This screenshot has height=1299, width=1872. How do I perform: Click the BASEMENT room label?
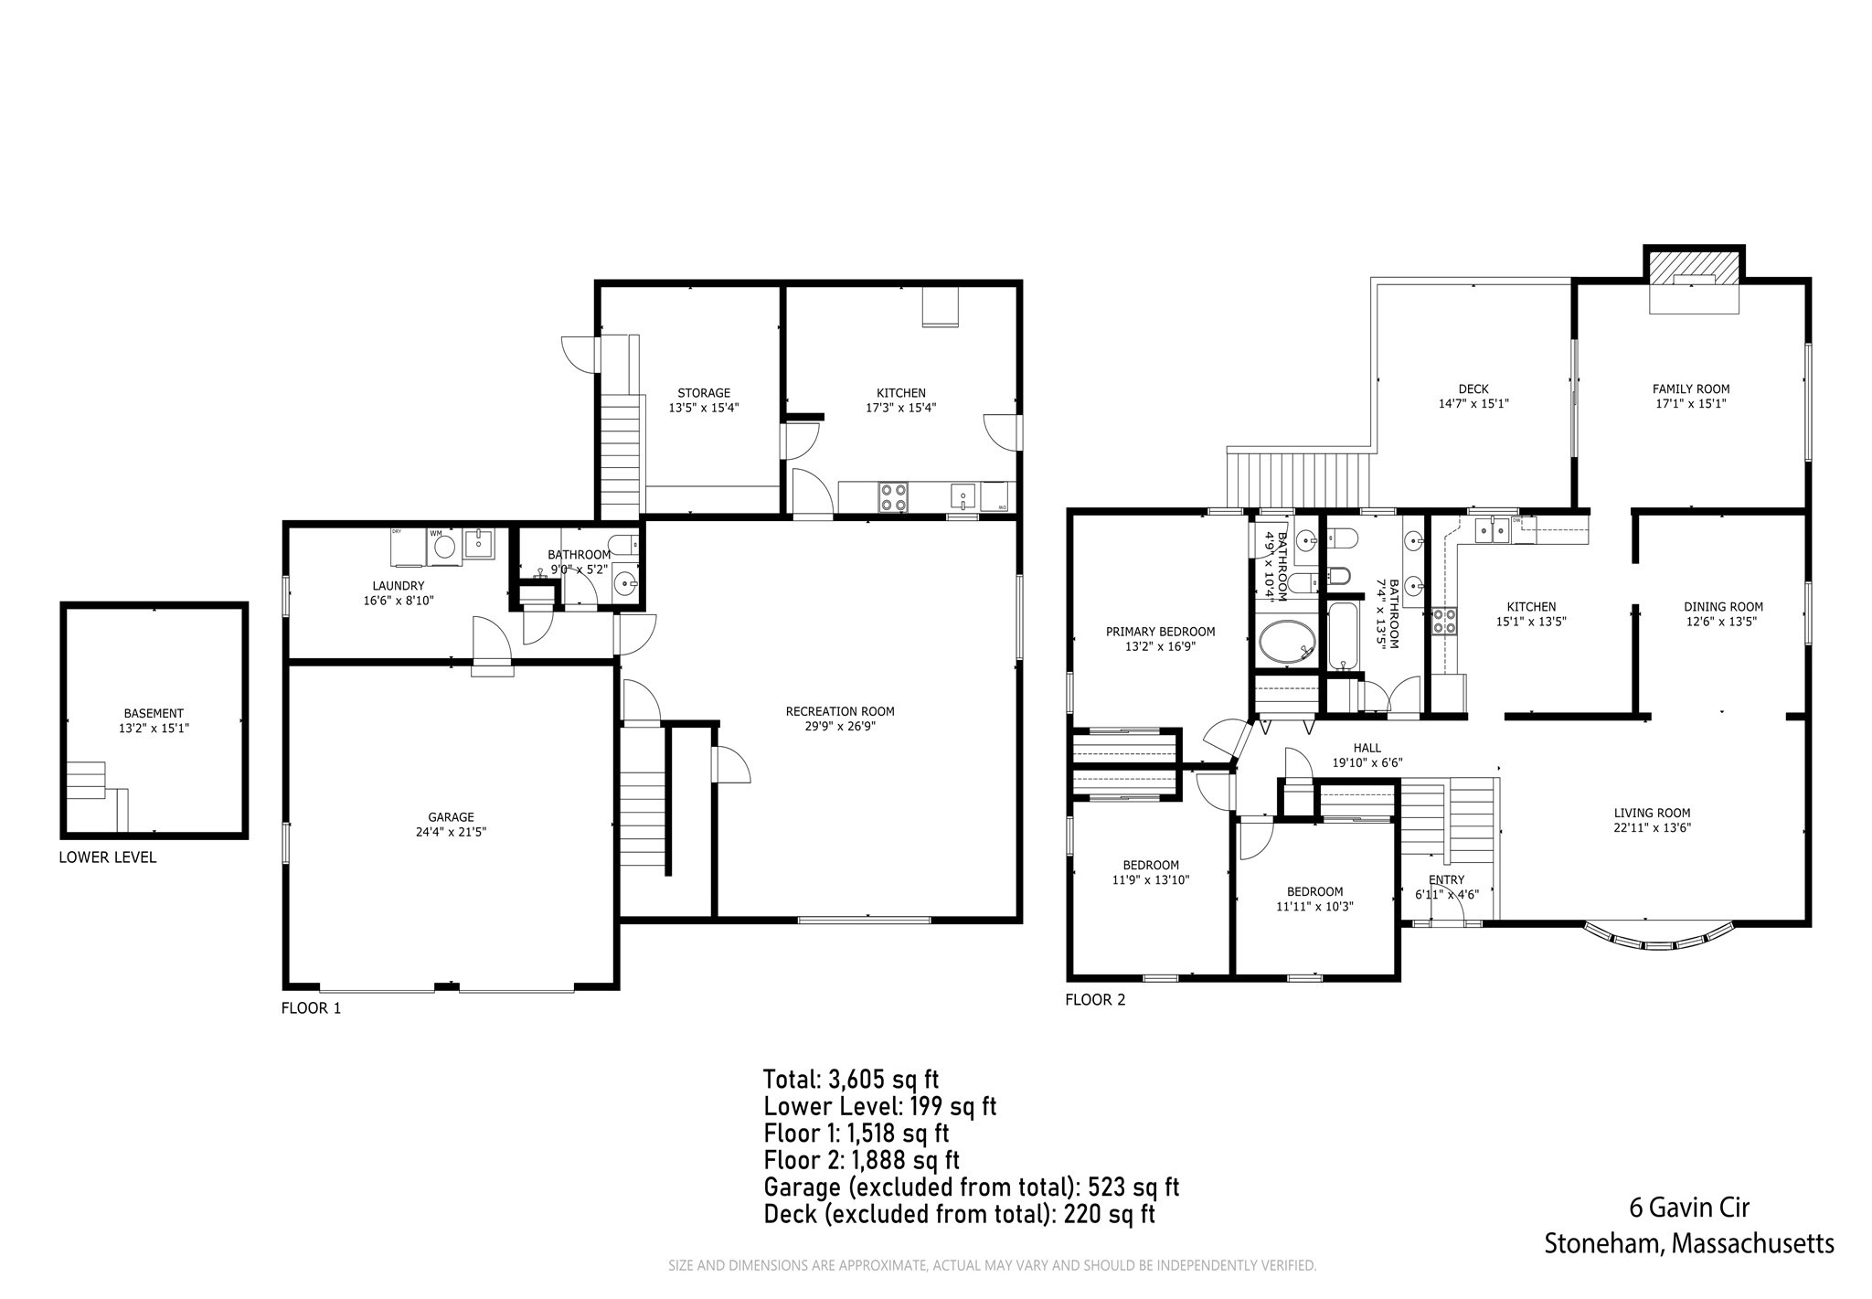click(154, 713)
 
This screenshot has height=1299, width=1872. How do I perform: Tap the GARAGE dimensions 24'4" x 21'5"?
click(451, 833)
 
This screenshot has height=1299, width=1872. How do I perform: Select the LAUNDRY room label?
click(398, 586)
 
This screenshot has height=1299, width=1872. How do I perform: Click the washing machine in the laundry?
click(444, 547)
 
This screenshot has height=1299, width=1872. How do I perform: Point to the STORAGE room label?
click(703, 393)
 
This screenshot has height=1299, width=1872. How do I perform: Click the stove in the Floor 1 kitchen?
click(893, 496)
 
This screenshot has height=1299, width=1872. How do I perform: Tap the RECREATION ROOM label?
click(839, 711)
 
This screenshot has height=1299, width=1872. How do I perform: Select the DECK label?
click(1473, 389)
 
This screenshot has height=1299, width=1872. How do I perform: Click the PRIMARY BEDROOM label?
click(1160, 632)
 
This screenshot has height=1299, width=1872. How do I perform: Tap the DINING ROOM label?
click(1722, 606)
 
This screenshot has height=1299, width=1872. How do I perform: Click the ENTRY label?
click(1446, 880)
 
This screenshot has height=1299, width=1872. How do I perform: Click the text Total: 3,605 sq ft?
click(851, 1080)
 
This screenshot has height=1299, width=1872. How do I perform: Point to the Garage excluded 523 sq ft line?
click(971, 1187)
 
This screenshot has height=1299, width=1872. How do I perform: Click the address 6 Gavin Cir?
click(1689, 1208)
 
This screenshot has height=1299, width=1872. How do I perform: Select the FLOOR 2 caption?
click(1095, 1000)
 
